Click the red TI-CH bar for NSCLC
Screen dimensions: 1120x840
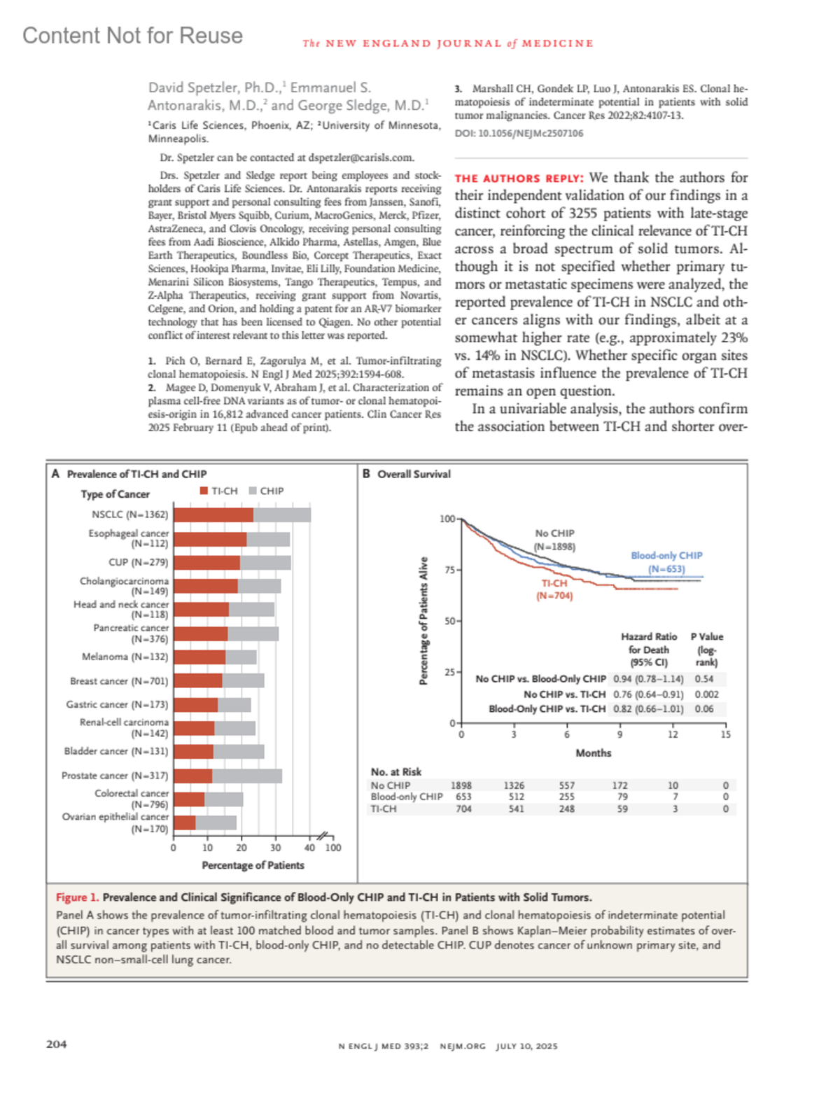pos(213,515)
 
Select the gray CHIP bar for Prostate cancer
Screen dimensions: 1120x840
pos(247,776)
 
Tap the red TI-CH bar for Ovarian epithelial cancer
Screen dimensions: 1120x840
pos(185,822)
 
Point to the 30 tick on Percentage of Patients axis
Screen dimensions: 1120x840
pos(276,847)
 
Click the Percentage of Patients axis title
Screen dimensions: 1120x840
pos(253,865)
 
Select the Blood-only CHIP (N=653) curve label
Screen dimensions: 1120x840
pos(666,562)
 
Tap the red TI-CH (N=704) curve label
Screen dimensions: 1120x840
pos(554,589)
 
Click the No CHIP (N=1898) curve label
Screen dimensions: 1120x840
pos(554,540)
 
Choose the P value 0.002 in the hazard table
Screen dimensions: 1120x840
pos(706,694)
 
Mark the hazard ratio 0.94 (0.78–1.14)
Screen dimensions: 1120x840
pos(648,679)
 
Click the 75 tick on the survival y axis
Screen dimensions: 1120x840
pos(450,570)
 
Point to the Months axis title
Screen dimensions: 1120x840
pos(593,753)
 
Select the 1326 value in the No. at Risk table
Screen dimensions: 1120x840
pos(514,785)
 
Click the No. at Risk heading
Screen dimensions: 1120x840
pos(396,771)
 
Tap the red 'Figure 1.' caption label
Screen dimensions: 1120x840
pos(78,897)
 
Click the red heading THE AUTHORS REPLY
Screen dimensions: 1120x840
pos(519,178)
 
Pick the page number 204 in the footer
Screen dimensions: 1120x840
pos(57,1044)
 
